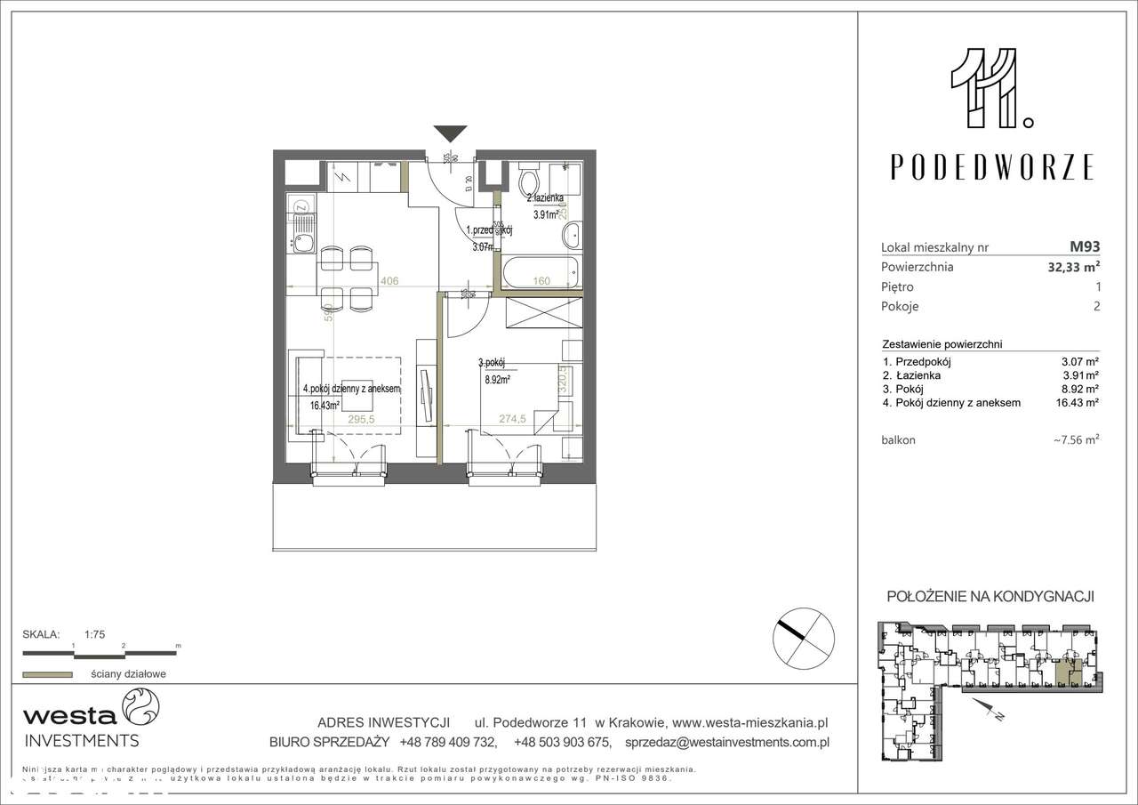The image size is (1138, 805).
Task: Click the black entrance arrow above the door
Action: [x=451, y=134]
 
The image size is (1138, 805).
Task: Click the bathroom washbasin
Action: [x=571, y=237]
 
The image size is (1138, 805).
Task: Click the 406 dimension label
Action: [x=389, y=281]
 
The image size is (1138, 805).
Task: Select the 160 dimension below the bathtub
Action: [x=541, y=281]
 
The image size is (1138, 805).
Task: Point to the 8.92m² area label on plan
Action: [x=497, y=377]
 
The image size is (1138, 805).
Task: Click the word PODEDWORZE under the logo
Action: [x=992, y=167]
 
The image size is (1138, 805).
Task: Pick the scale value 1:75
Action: [x=95, y=634]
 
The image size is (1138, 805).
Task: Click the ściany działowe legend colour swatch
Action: [x=47, y=674]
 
